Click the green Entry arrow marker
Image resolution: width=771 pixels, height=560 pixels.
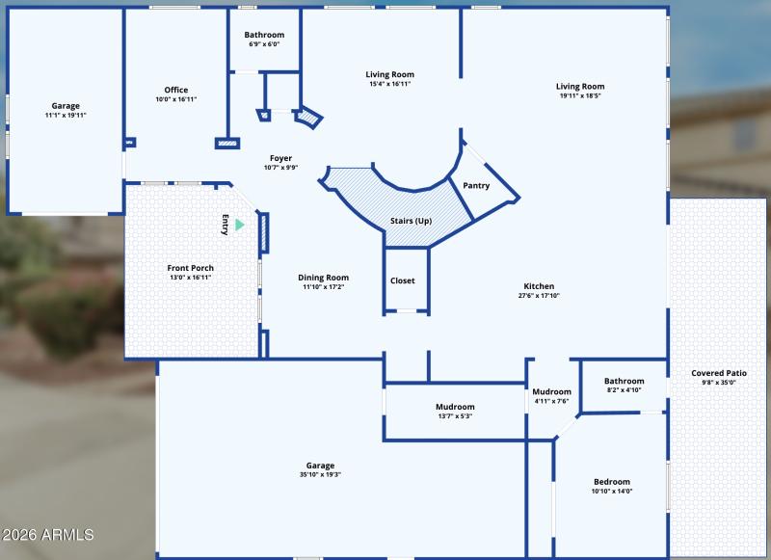(x=240, y=225)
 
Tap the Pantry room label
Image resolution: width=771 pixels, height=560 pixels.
(x=476, y=186)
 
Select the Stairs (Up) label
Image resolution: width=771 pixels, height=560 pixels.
(x=411, y=221)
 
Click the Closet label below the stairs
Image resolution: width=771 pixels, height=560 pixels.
(x=403, y=280)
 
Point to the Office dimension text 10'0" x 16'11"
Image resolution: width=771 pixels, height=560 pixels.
(x=176, y=99)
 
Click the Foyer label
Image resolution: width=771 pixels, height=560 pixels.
(x=280, y=158)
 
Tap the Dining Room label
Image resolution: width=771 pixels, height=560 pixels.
(x=323, y=278)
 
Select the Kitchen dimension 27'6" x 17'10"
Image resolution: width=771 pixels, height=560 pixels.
(x=539, y=295)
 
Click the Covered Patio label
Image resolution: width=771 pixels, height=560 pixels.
(x=719, y=373)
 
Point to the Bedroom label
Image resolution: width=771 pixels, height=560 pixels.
(x=612, y=482)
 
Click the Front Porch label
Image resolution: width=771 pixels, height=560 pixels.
(x=190, y=268)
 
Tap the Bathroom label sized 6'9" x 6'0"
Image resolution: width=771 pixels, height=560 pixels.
(x=264, y=35)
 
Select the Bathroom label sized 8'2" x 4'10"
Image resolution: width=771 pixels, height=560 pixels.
(x=624, y=381)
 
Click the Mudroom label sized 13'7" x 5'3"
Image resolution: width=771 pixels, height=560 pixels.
(x=454, y=407)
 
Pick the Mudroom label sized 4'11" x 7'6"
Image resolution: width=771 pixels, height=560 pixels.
(x=552, y=391)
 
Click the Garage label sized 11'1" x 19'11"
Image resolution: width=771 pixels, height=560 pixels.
(x=66, y=106)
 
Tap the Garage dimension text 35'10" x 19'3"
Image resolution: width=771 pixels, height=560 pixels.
(x=321, y=474)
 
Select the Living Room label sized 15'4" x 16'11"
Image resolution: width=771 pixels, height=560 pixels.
(x=390, y=74)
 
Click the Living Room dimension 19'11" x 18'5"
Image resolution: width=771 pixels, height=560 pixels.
(x=580, y=95)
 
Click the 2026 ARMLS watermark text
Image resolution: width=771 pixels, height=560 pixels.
(x=48, y=534)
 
